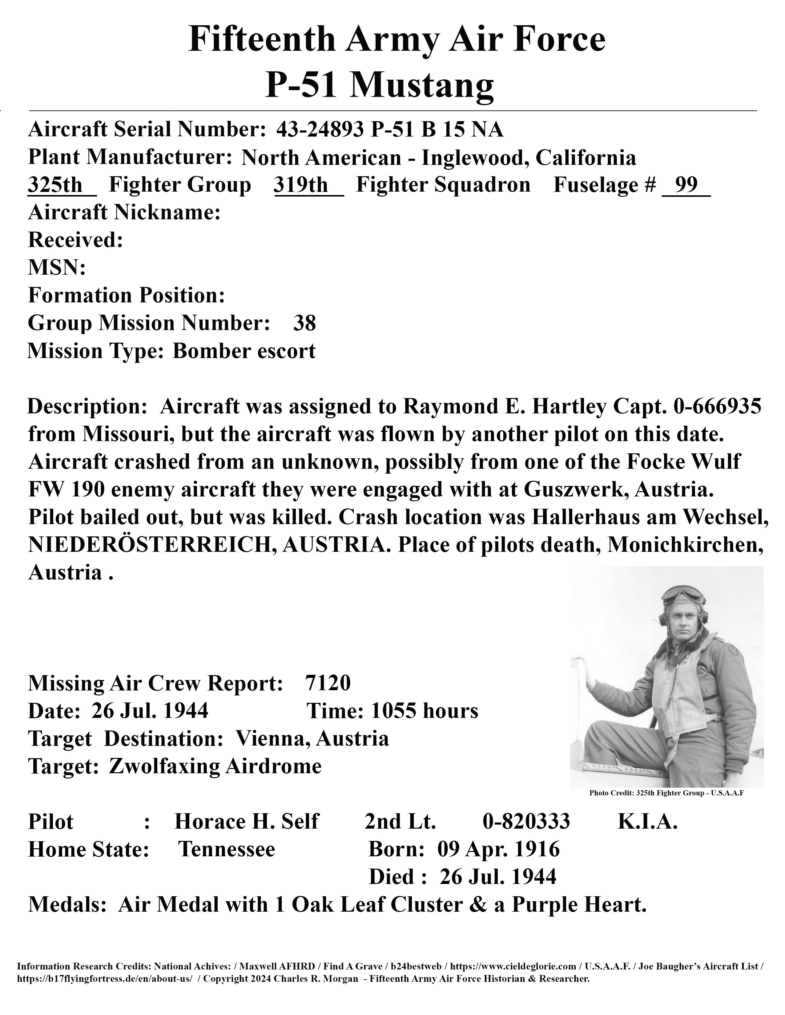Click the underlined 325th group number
click(x=55, y=185)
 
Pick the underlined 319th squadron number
click(x=301, y=185)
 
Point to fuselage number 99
click(x=686, y=185)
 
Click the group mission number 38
click(x=304, y=323)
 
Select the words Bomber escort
click(x=244, y=351)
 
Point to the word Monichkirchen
click(x=686, y=545)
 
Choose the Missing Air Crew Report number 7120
click(x=328, y=683)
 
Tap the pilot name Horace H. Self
click(x=247, y=822)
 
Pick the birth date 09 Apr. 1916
click(x=498, y=850)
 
